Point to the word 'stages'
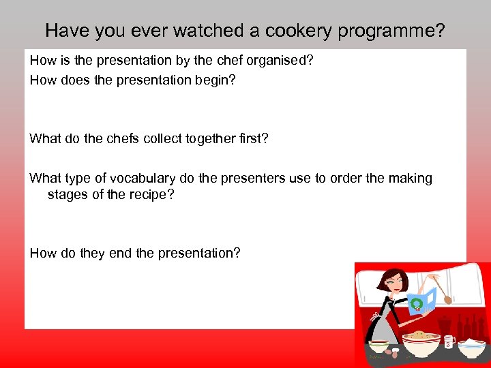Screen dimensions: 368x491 tap(67, 195)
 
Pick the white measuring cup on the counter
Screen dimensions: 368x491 tap(449, 341)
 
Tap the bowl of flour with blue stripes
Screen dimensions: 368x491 tap(472, 347)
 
